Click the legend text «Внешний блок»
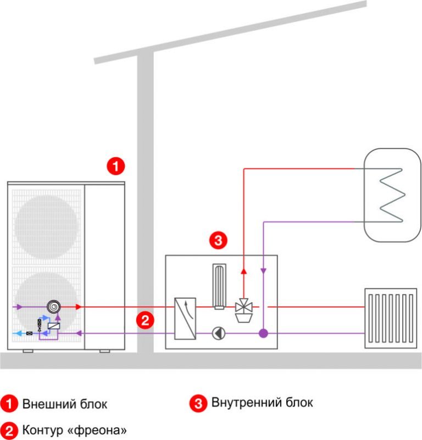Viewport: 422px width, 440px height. tap(65, 404)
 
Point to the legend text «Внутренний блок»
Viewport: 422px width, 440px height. tap(262, 403)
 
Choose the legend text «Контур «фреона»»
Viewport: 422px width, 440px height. tap(77, 428)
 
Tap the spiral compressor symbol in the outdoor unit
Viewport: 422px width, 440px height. tap(54, 307)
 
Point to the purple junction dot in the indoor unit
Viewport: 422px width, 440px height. tap(263, 333)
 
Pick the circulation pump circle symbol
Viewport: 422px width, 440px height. tap(218, 333)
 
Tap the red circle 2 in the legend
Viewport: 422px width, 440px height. tap(9, 428)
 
